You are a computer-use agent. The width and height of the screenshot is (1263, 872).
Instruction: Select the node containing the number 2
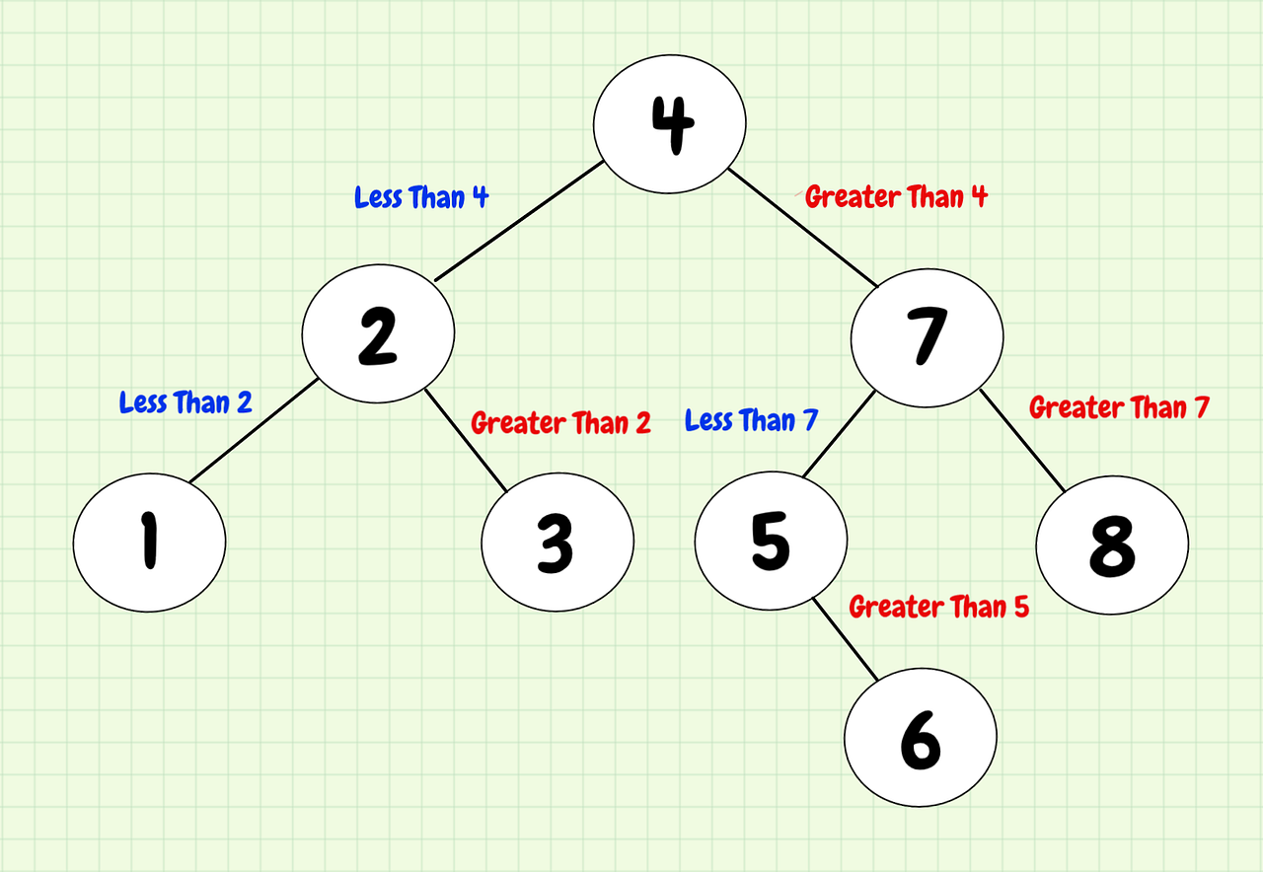point(378,334)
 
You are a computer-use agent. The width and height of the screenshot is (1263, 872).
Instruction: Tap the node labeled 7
point(928,334)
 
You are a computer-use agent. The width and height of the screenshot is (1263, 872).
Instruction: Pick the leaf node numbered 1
point(150,541)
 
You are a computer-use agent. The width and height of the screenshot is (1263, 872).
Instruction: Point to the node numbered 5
point(771,540)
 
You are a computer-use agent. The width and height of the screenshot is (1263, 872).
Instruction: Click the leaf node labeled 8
point(1112,543)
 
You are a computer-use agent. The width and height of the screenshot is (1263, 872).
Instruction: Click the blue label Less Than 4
point(421,197)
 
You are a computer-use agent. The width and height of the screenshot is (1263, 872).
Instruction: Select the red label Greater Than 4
point(896,196)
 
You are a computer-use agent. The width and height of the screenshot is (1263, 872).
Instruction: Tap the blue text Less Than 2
point(186,402)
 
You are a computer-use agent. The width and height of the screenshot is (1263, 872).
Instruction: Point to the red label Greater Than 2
point(560,423)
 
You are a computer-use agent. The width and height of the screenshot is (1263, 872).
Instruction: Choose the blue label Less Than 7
point(751,421)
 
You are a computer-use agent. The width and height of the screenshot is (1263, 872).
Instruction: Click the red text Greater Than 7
point(1119,407)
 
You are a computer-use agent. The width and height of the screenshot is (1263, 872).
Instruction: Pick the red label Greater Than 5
point(938,607)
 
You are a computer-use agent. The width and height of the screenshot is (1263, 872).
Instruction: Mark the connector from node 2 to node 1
point(252,430)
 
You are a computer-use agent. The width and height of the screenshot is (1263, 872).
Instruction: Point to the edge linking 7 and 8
point(1022,440)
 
